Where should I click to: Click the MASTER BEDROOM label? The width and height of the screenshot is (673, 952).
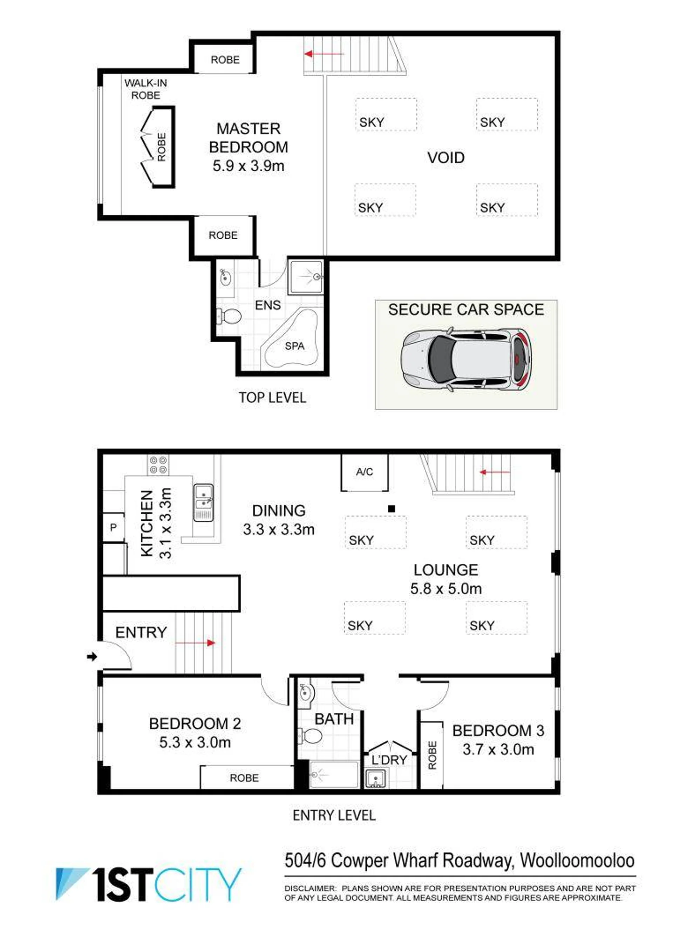pos(249,138)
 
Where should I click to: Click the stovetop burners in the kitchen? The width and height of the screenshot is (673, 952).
pos(158,465)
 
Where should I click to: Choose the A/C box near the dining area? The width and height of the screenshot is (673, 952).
pos(364,472)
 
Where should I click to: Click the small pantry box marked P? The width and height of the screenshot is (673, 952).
pos(113,527)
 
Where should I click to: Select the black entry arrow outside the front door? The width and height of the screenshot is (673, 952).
pos(92,656)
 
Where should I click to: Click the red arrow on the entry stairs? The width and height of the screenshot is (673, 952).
pos(195,643)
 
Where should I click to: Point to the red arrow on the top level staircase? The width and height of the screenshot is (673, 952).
pos(324,54)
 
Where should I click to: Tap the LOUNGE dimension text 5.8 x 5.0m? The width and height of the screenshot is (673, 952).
pos(446,589)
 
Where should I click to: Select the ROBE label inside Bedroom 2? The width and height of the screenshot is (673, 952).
pos(244,778)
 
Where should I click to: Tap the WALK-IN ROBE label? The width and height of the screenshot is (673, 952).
pos(145,89)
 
